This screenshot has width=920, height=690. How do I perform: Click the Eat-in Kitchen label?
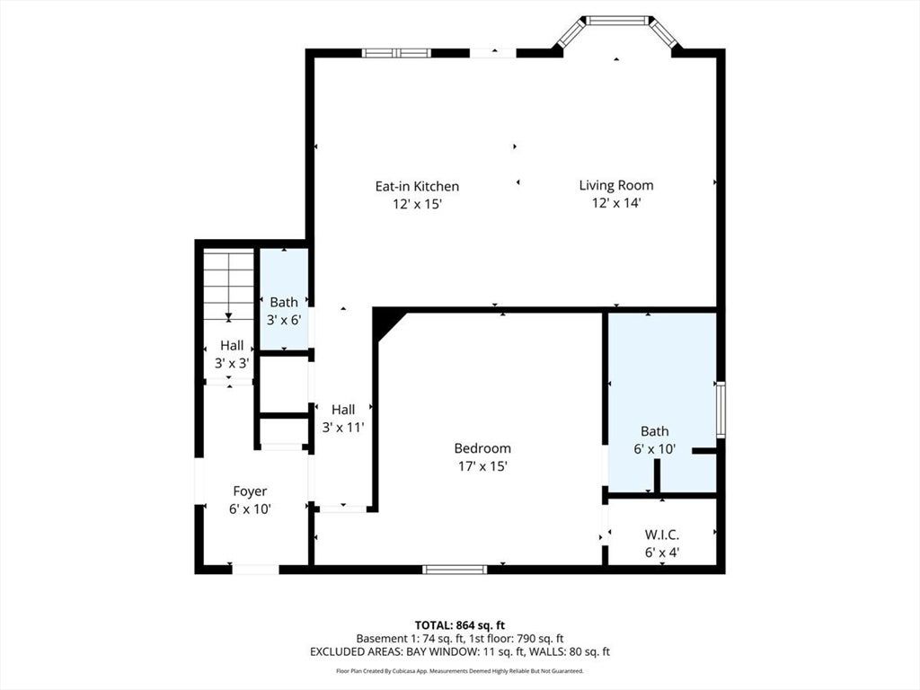point(417,187)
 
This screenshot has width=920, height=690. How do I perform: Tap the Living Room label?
point(616,185)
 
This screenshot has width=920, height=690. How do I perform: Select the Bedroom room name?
point(482,448)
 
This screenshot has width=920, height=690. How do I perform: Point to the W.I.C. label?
point(662,535)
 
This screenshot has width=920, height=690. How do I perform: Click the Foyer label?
point(250,491)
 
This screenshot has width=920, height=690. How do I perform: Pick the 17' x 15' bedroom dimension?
point(482,466)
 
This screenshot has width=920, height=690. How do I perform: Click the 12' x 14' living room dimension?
point(616,203)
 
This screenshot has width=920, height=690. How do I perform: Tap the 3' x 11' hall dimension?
point(343,427)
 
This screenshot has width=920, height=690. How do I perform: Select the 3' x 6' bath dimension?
point(284,321)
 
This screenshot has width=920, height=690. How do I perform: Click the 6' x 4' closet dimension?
point(662,553)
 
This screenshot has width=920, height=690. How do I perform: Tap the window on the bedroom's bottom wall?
point(455,569)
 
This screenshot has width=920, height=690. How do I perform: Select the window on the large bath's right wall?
point(721,410)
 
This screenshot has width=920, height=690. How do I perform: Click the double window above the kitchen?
point(396,53)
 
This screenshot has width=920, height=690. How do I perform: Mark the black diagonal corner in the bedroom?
point(387,323)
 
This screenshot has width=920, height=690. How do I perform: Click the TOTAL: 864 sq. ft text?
point(460,625)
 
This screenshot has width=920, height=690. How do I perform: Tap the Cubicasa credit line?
point(460,670)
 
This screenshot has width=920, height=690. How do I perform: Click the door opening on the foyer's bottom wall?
point(255,569)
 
